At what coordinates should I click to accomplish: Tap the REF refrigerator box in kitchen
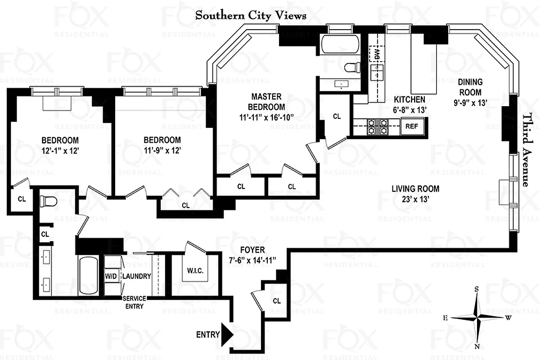click(x=411, y=126)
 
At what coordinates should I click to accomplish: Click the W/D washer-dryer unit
click(x=111, y=276)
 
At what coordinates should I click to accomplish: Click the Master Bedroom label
click(x=266, y=102)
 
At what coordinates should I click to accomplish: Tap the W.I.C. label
click(x=195, y=271)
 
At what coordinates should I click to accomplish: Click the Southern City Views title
click(x=251, y=15)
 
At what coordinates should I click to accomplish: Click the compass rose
click(x=477, y=317)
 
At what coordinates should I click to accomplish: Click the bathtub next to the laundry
click(x=89, y=275)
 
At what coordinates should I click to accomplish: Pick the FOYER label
click(x=252, y=250)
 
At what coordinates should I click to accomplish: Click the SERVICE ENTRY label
click(x=134, y=302)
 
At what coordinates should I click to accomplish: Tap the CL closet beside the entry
click(x=276, y=301)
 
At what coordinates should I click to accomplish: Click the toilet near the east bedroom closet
click(x=47, y=201)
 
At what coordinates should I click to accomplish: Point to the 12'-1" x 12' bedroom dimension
click(x=60, y=151)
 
